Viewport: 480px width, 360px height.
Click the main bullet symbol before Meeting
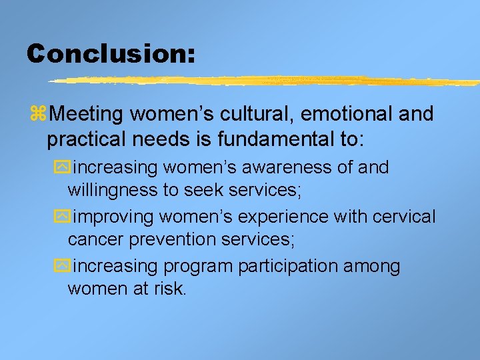[x=39, y=114]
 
